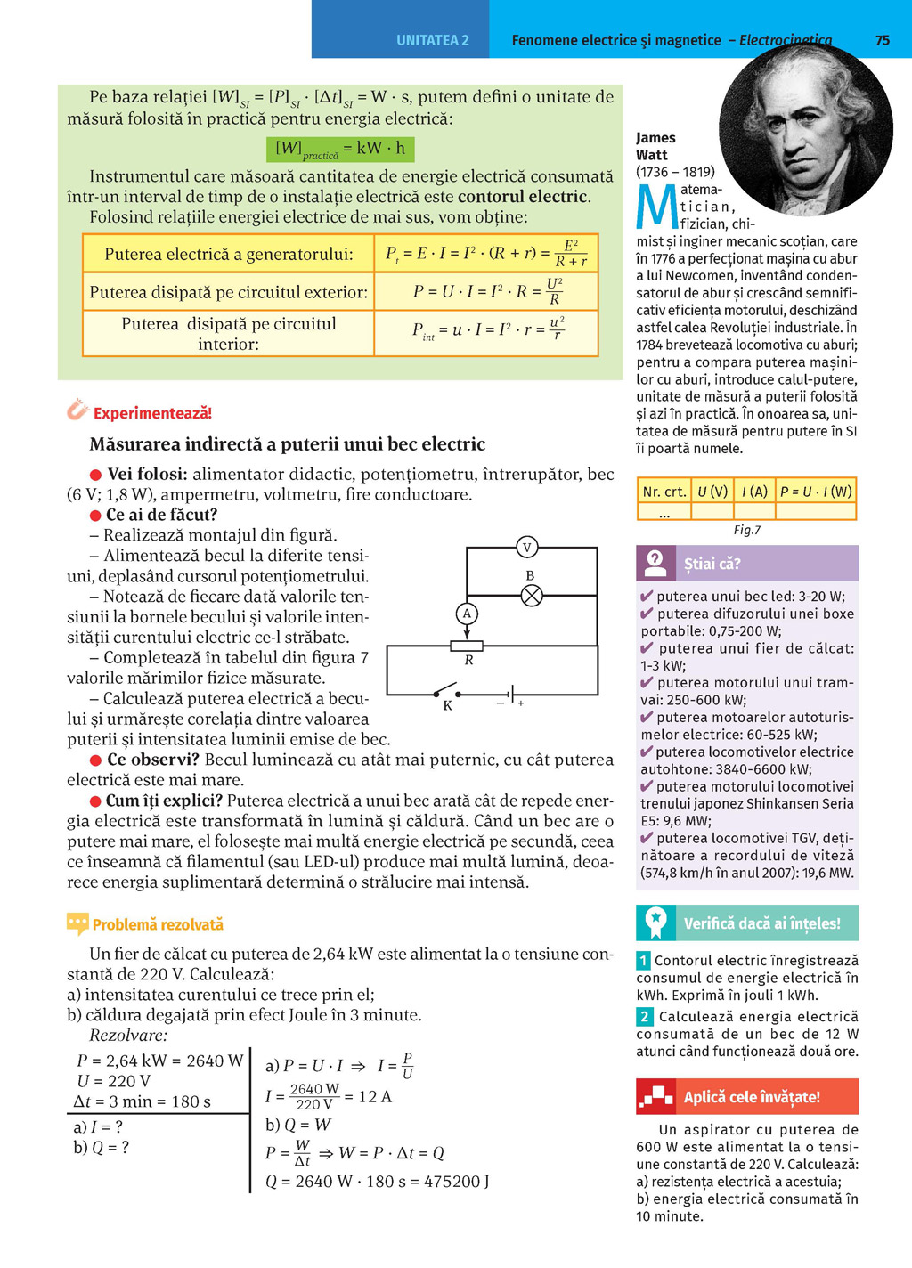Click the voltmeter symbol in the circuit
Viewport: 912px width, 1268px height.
tap(527, 548)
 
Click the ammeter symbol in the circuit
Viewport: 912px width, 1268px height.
tap(467, 614)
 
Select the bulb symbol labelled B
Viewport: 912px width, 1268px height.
tap(532, 596)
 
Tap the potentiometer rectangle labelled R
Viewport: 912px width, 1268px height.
tap(467, 646)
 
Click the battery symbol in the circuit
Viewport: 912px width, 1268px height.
tap(511, 693)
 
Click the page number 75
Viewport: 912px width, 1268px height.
tap(883, 40)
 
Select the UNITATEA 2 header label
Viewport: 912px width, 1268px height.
tap(433, 40)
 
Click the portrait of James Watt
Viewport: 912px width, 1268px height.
tap(805, 129)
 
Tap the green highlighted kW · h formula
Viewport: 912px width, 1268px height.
tap(340, 149)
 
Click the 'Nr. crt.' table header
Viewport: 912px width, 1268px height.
tap(664, 492)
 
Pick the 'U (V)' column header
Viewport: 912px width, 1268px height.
tap(712, 492)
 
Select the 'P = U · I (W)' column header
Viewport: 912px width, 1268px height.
tap(816, 492)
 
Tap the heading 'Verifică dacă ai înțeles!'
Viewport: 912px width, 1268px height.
tap(761, 923)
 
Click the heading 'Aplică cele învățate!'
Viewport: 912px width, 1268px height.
tap(752, 1097)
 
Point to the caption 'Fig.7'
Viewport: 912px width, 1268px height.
tap(746, 530)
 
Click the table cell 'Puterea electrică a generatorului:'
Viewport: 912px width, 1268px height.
tap(229, 255)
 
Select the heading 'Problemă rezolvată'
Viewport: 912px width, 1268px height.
tap(158, 924)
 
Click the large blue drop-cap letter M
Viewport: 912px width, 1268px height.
tap(657, 207)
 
